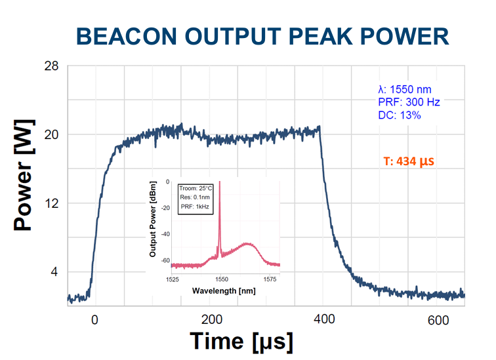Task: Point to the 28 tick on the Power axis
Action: tap(52, 66)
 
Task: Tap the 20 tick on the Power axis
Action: tap(52, 134)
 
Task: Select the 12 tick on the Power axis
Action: tap(52, 203)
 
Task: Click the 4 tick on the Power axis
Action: tap(55, 271)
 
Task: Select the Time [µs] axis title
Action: tap(241, 342)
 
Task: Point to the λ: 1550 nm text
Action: tap(404, 90)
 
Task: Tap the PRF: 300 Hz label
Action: tap(409, 102)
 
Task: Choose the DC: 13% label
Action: tap(399, 115)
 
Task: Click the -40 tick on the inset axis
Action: tap(165, 233)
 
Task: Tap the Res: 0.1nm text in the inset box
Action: tap(194, 197)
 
